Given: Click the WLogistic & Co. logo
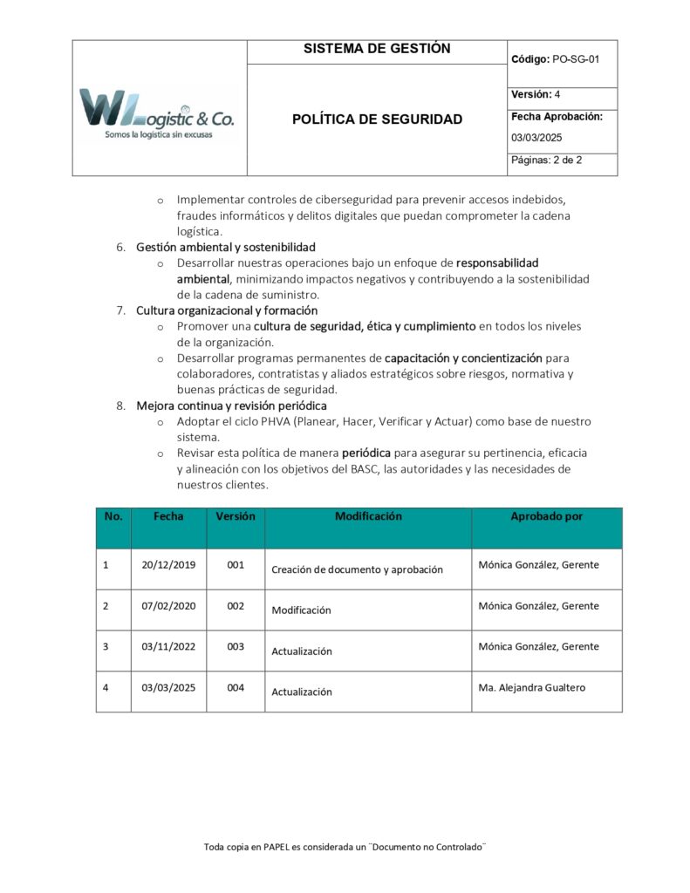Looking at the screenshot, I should (157, 114).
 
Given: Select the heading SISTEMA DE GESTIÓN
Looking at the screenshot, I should (377, 50).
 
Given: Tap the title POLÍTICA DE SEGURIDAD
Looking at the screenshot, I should (377, 119).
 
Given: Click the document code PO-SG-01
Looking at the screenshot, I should (576, 59).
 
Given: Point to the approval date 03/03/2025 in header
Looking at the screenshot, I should (536, 138).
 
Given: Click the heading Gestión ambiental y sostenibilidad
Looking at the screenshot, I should (226, 247).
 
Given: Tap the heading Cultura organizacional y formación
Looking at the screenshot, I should (227, 310).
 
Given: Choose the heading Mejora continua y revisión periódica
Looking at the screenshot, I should (231, 406).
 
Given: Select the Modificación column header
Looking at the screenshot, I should (368, 516).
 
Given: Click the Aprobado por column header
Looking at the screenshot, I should (546, 516).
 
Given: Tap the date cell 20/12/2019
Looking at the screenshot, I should (168, 565).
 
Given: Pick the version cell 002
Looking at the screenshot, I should (236, 606).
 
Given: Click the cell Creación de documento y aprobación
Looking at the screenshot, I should (357, 569).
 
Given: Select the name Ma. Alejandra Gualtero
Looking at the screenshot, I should (532, 687).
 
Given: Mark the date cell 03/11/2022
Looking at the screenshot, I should (168, 647).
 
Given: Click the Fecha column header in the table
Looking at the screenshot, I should (168, 516).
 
